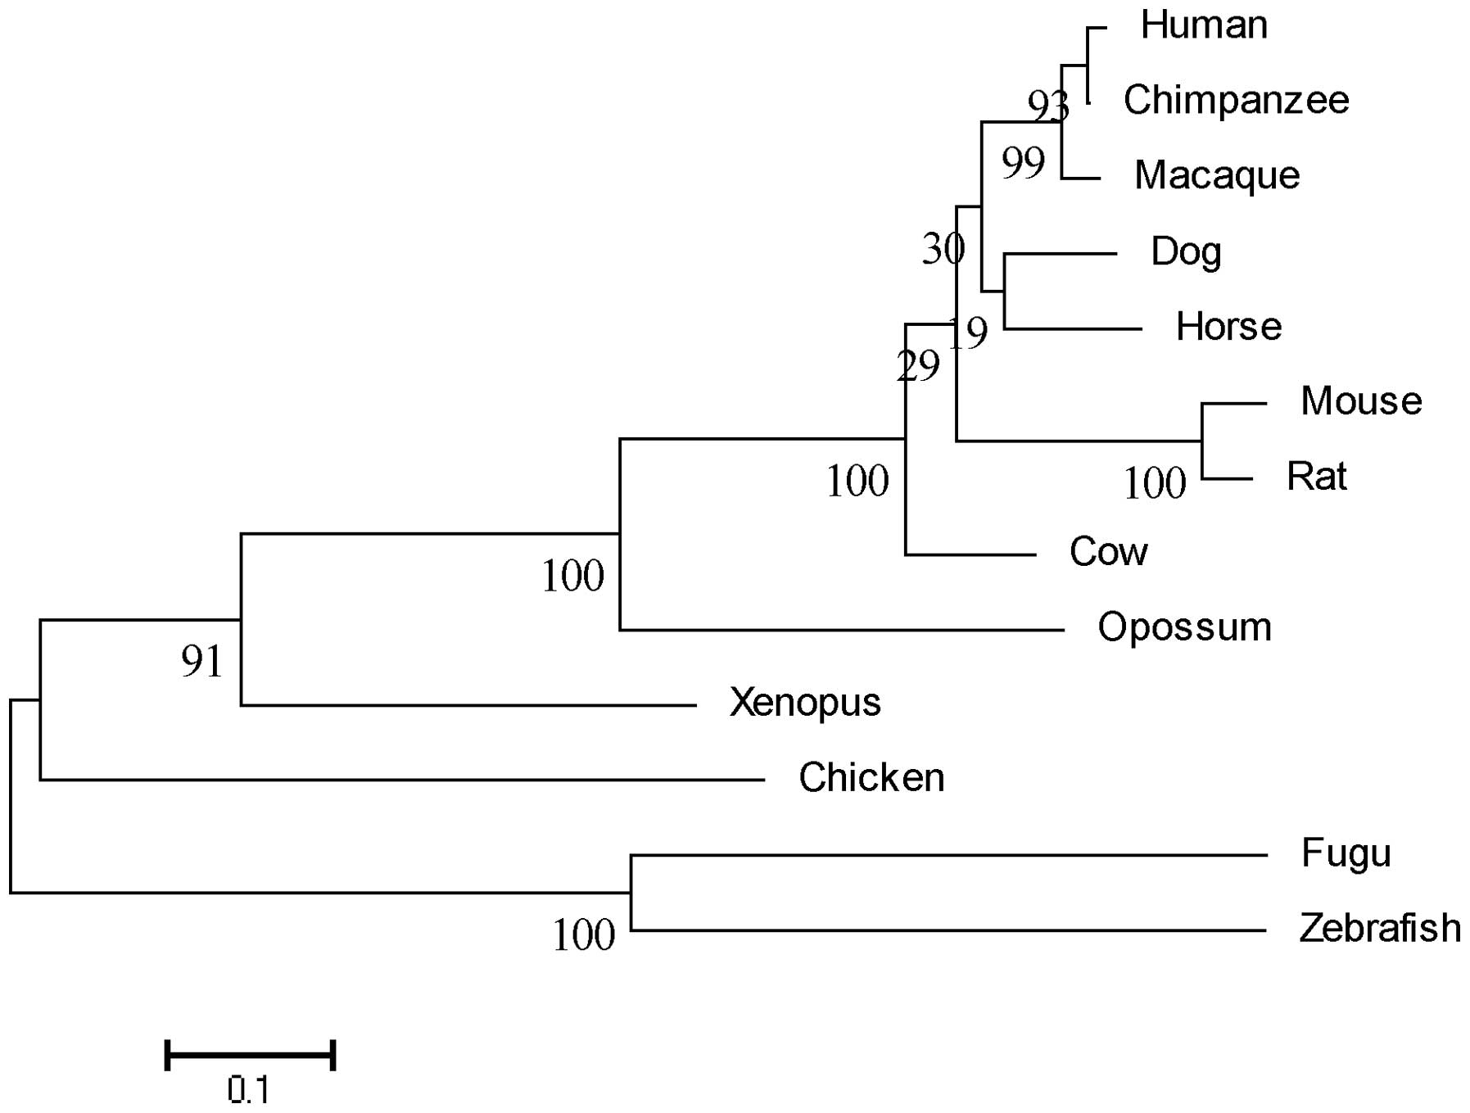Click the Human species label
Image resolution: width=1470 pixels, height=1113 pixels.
(1204, 25)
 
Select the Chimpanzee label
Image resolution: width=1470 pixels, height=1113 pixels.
(1236, 101)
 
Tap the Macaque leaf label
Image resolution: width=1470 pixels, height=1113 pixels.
(1217, 176)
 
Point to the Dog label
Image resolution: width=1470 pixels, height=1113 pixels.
(1186, 251)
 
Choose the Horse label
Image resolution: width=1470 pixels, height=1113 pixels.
(1228, 327)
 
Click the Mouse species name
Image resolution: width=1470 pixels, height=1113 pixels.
(1361, 401)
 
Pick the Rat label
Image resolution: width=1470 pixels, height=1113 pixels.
(1316, 477)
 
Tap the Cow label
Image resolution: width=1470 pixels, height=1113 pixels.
(1108, 552)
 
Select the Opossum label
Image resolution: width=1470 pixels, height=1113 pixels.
(1184, 628)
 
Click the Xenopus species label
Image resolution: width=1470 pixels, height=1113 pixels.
(804, 703)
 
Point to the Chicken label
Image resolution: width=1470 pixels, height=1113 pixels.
(871, 778)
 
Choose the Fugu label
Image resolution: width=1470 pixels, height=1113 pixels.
(1346, 854)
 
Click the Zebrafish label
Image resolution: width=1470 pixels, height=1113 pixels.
(1380, 929)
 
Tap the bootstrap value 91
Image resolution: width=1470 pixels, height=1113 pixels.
(201, 662)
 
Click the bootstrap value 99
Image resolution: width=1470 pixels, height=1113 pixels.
(1023, 163)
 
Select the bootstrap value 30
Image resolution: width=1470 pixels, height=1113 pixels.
(943, 248)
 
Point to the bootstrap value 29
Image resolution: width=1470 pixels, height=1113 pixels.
(918, 366)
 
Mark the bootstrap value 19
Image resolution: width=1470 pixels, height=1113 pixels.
(969, 333)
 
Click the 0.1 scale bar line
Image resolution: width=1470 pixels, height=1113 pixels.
(250, 1055)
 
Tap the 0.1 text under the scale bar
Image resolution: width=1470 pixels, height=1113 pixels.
(248, 1091)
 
